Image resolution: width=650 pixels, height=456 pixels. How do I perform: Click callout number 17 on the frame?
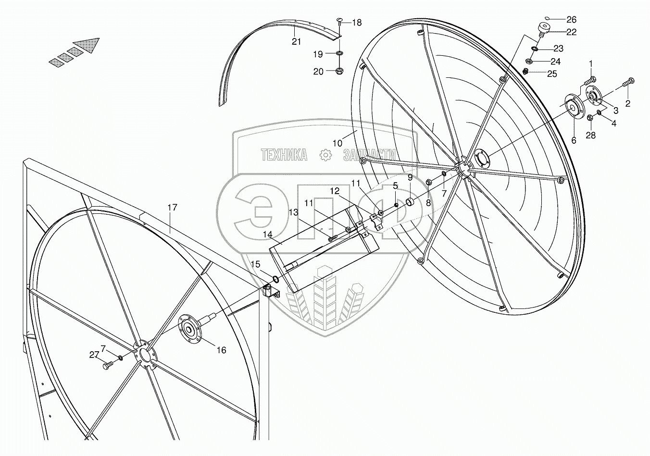pyautogui.click(x=173, y=208)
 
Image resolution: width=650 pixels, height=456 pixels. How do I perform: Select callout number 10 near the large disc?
pyautogui.click(x=337, y=143)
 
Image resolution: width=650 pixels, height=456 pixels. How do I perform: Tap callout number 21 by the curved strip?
pyautogui.click(x=297, y=42)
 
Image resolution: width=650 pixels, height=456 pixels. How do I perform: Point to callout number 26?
pyautogui.click(x=571, y=20)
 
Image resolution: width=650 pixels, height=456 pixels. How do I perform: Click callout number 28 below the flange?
pyautogui.click(x=590, y=135)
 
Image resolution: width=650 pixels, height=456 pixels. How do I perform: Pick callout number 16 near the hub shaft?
pyautogui.click(x=221, y=350)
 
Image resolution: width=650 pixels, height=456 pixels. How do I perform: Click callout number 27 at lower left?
pyautogui.click(x=94, y=355)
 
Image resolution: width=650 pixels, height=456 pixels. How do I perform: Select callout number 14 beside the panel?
pyautogui.click(x=267, y=234)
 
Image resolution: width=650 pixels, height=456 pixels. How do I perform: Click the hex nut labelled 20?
pyautogui.click(x=338, y=71)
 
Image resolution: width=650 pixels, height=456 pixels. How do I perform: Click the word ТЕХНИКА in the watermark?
pyautogui.click(x=284, y=155)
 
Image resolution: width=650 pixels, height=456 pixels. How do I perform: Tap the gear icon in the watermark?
pyautogui.click(x=325, y=155)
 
